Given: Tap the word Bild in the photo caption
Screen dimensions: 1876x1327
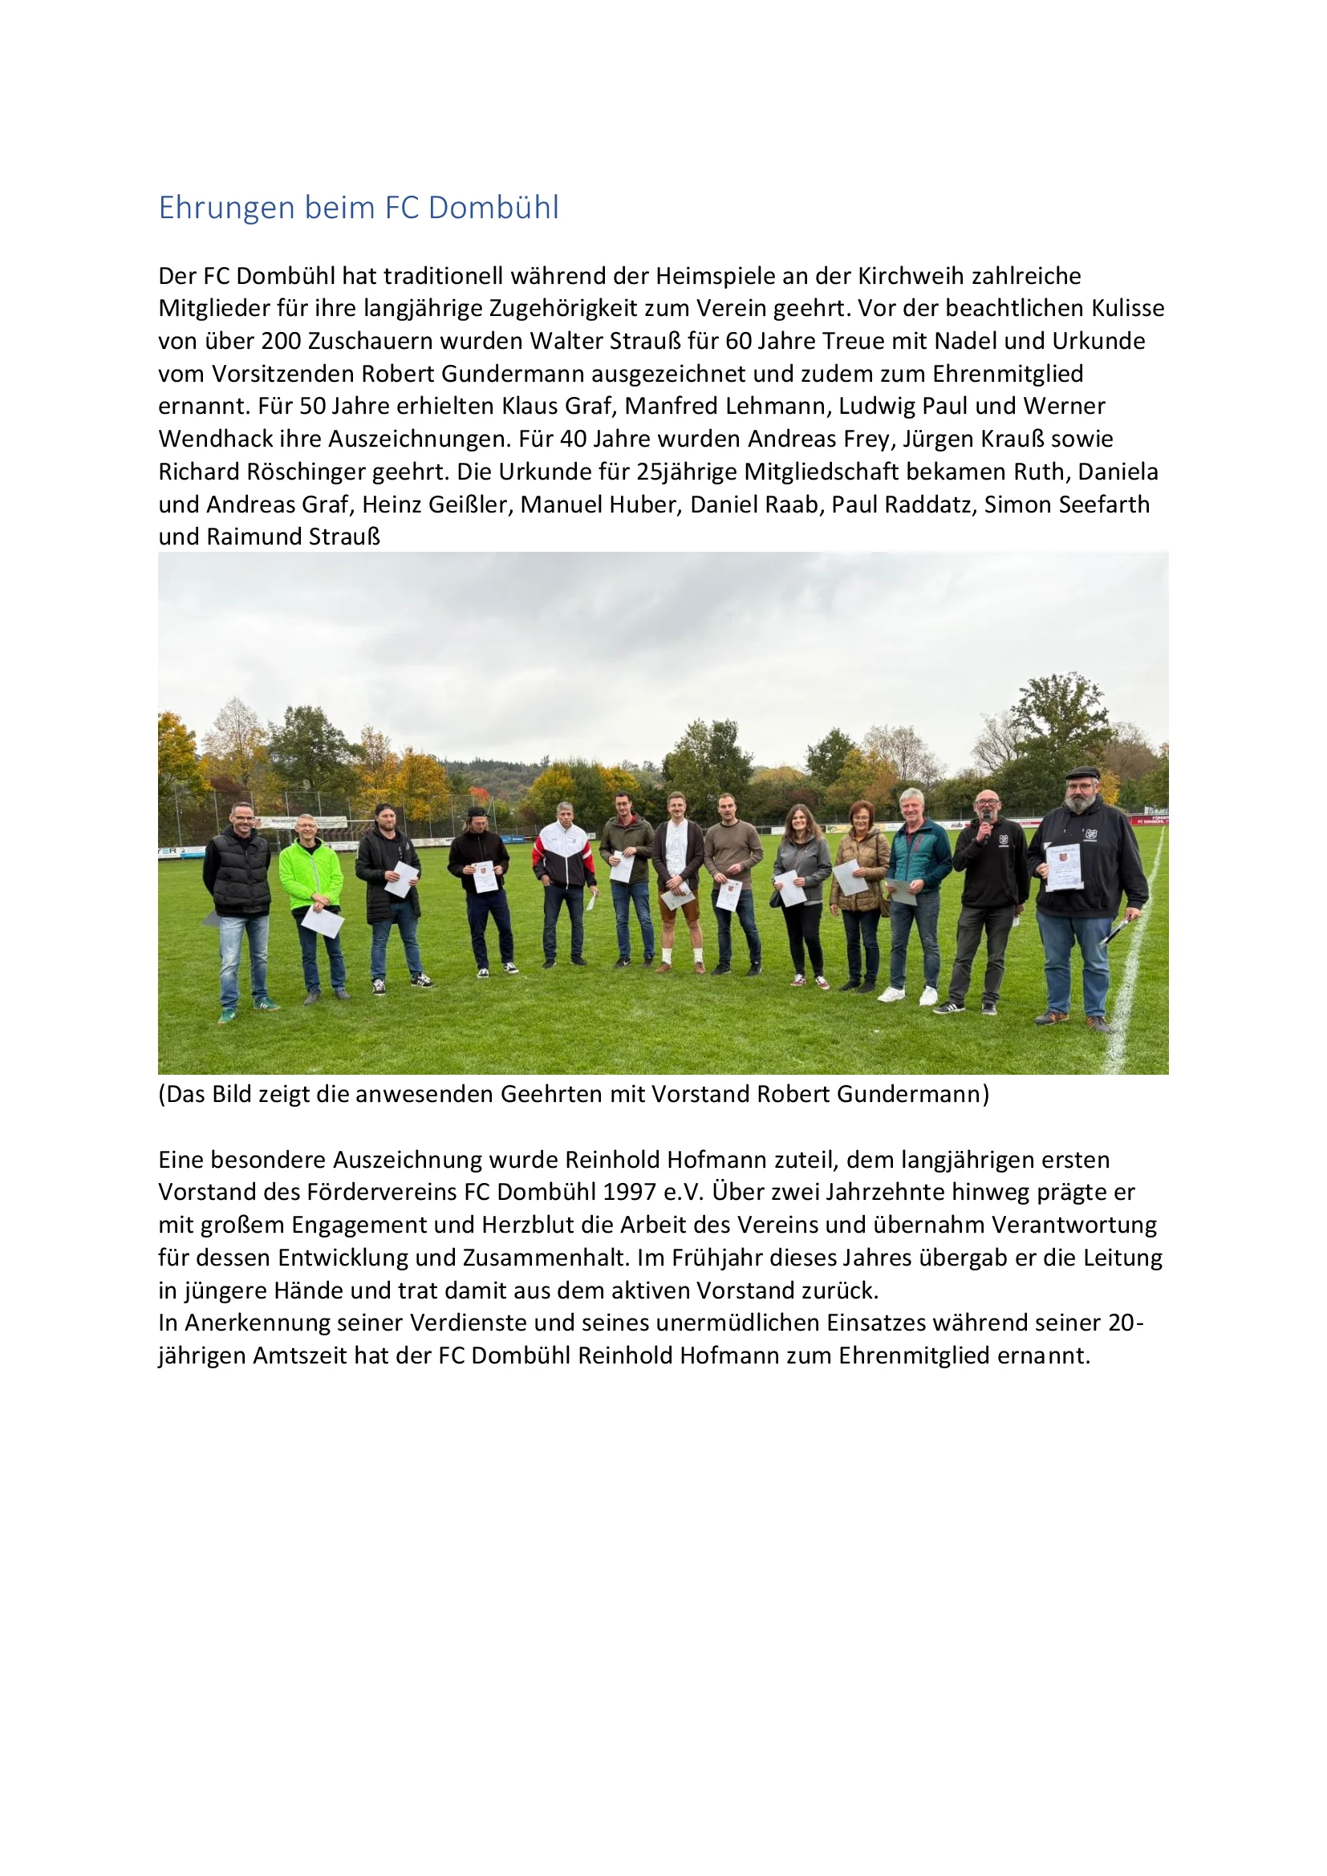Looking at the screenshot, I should coord(231,1094).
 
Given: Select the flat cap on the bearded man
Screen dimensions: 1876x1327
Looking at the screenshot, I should coord(1081,772).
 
